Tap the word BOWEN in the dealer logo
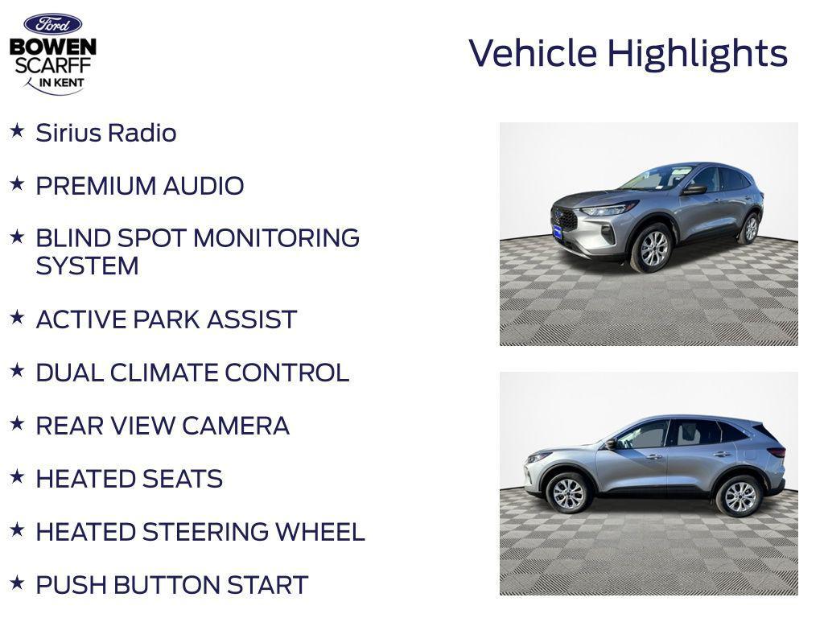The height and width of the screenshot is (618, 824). (x=53, y=47)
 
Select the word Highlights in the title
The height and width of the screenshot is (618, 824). (x=697, y=54)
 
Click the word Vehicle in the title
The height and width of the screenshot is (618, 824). (x=533, y=53)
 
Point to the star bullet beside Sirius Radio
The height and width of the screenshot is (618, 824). (x=17, y=131)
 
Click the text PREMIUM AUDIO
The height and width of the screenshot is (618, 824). (x=139, y=186)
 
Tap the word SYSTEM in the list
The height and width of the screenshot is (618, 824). (x=87, y=266)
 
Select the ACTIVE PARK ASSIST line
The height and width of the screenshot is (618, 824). (x=166, y=319)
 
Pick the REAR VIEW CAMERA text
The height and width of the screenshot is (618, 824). (x=162, y=426)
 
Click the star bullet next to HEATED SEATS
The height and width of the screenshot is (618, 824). (x=17, y=477)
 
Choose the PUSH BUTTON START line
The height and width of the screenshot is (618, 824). (x=171, y=585)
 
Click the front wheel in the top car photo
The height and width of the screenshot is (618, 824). (x=653, y=248)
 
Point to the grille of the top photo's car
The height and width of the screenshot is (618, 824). (x=564, y=218)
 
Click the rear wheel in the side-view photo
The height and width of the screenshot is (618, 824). (x=739, y=496)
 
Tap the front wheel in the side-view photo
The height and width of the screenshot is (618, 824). (x=568, y=492)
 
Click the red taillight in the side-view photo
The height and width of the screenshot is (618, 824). (x=776, y=451)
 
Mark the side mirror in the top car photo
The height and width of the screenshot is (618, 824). (x=694, y=190)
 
